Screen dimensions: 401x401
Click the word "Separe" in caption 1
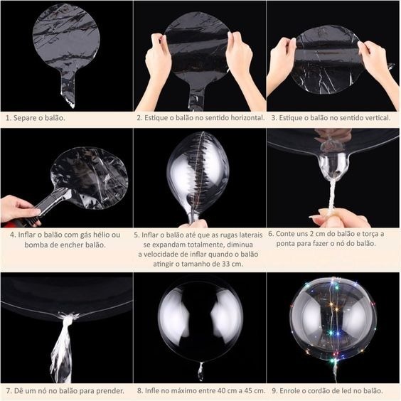25,118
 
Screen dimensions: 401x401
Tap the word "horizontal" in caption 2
247,117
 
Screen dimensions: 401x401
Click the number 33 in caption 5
226,264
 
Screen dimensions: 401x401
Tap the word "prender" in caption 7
110,391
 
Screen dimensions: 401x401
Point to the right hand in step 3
374,60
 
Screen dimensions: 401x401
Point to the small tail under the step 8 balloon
200,371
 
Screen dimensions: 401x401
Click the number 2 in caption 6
311,234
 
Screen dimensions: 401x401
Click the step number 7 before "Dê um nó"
9,391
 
